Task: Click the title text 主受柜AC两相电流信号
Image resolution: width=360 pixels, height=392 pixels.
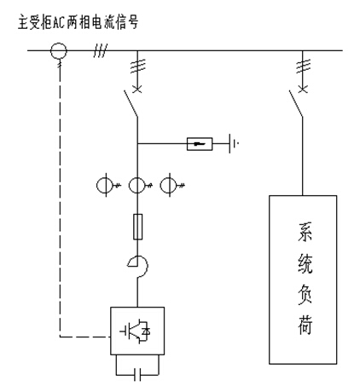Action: click(x=78, y=22)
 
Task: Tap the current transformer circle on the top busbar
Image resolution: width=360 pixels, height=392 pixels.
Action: click(x=59, y=50)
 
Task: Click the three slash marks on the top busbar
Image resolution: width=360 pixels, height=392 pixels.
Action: click(x=101, y=50)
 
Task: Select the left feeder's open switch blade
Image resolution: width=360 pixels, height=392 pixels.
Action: click(x=131, y=103)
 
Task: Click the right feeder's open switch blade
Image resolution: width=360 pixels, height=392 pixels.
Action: click(x=296, y=103)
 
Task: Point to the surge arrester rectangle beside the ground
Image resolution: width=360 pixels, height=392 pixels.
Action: click(x=200, y=144)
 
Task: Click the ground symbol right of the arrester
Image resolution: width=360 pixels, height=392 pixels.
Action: click(x=233, y=143)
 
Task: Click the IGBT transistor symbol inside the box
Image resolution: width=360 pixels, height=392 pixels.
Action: click(x=136, y=331)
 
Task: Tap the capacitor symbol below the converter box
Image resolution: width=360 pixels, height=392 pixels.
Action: click(x=137, y=374)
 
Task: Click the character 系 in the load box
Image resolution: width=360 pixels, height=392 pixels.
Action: click(x=305, y=232)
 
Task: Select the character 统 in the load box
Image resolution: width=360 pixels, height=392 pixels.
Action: click(x=305, y=263)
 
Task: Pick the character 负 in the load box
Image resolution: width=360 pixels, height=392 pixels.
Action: click(x=305, y=295)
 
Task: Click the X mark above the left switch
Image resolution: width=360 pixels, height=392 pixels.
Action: click(x=137, y=89)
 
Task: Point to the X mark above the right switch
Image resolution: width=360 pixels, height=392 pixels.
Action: click(x=303, y=89)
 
